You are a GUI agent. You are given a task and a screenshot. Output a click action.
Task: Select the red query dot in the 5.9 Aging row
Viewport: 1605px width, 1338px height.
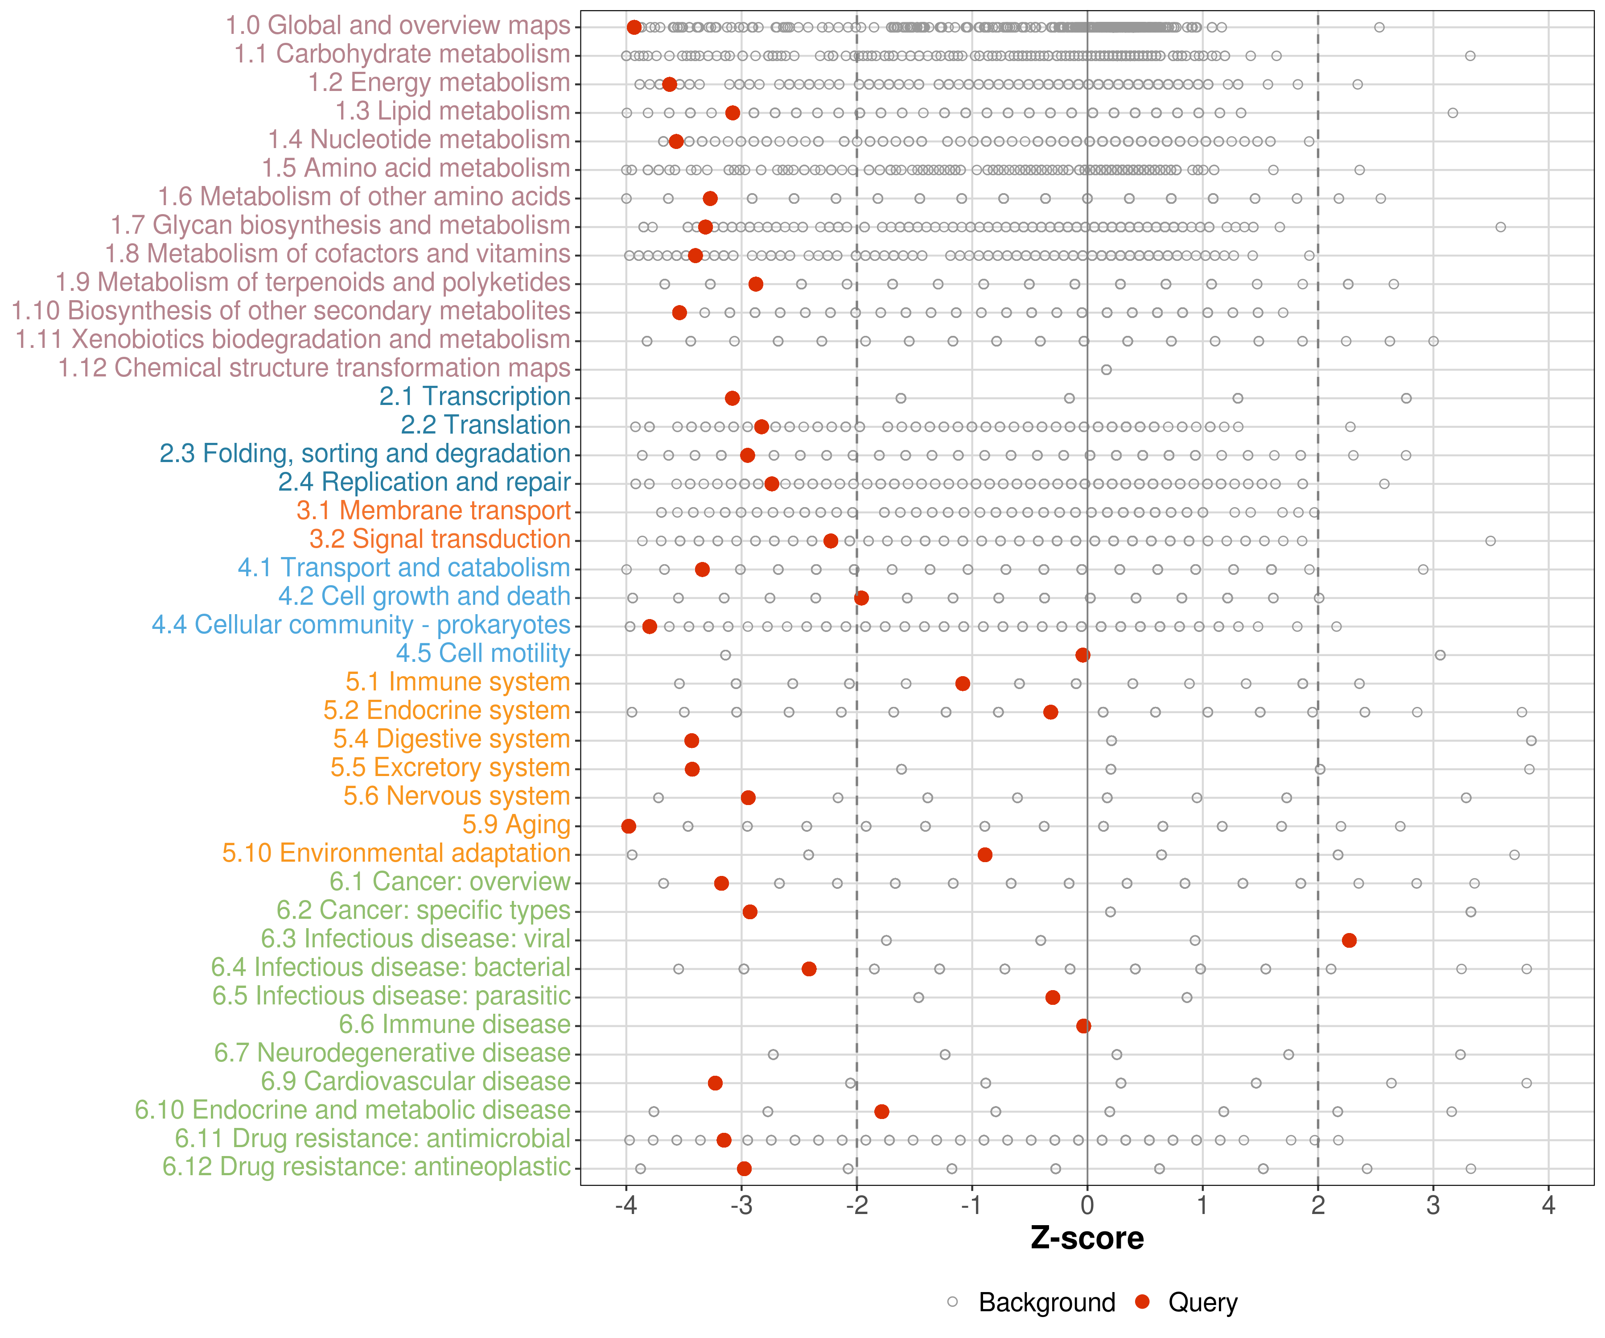(x=628, y=826)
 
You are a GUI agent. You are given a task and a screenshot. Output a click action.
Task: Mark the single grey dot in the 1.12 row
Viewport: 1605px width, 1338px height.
(x=1106, y=369)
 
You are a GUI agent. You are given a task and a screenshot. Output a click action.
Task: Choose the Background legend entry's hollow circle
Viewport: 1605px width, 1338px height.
(x=952, y=1301)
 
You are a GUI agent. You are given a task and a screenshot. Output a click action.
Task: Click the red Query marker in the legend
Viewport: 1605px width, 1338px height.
(x=1143, y=1301)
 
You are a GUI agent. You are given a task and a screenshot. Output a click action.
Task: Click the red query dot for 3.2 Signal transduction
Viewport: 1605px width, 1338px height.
(x=831, y=541)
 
